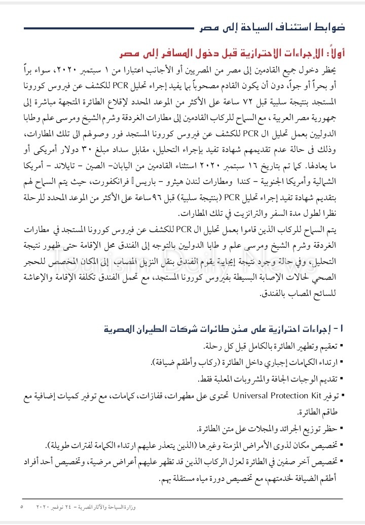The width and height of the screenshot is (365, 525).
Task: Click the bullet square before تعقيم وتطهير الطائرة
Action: pyautogui.click(x=342, y=347)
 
